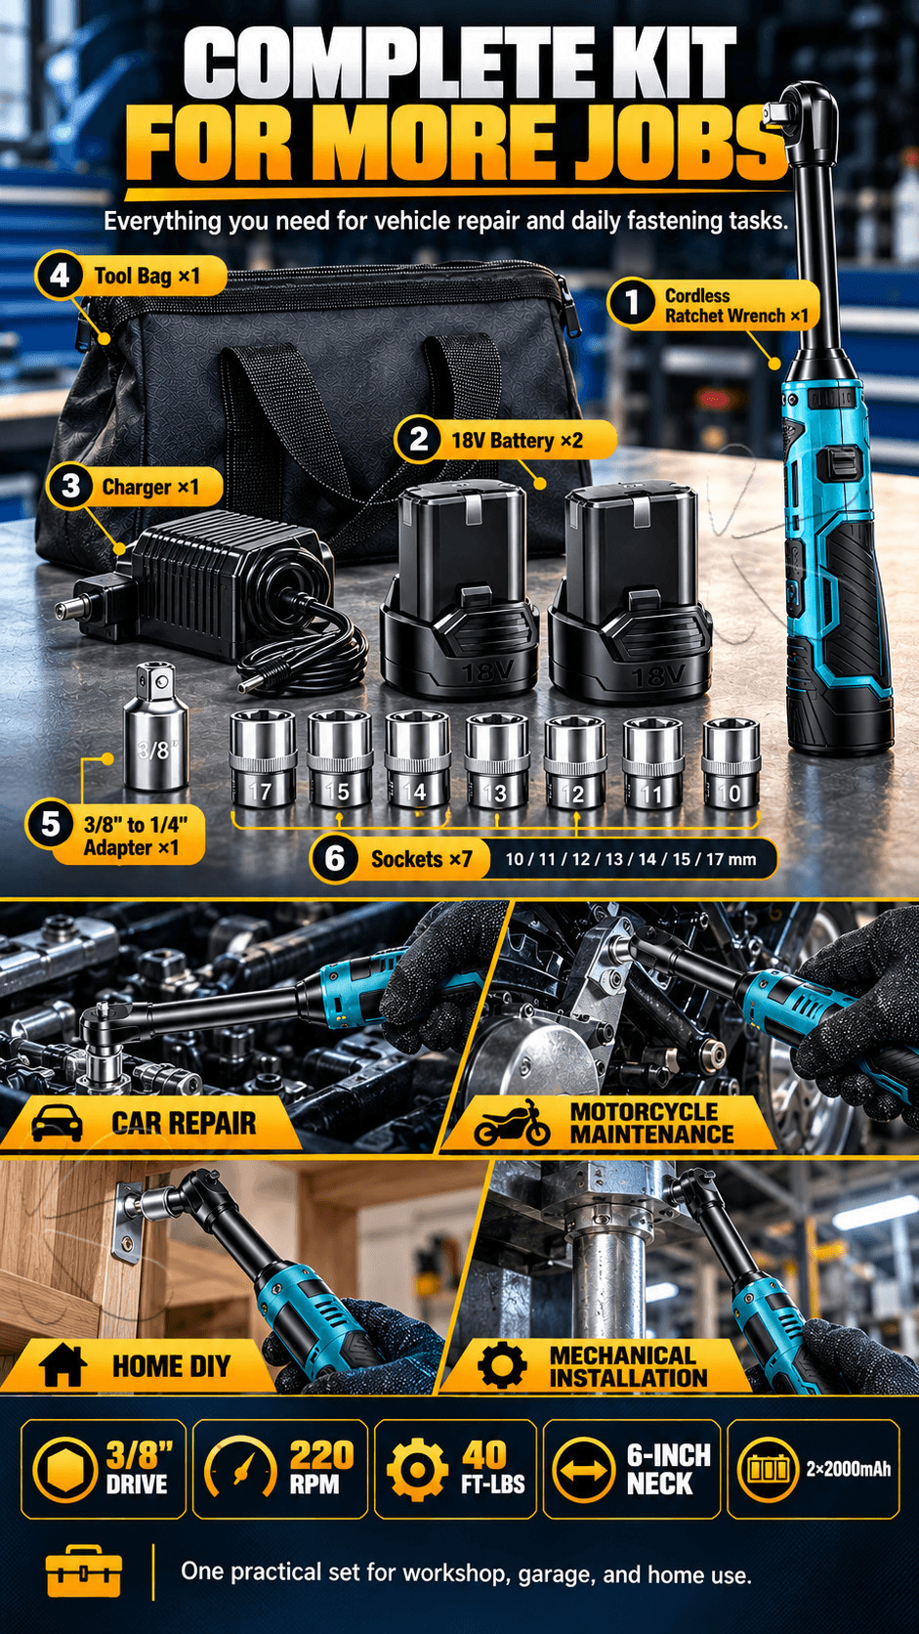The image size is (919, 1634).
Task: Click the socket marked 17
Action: [263, 758]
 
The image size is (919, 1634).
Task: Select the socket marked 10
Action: [731, 763]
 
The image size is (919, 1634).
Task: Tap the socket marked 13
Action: [496, 761]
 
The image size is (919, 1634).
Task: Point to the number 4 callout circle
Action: [60, 276]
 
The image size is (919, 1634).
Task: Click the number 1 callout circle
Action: [631, 302]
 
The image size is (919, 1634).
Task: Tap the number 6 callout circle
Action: [334, 859]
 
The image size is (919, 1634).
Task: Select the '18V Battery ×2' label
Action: [517, 441]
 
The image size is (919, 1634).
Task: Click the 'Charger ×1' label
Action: [150, 487]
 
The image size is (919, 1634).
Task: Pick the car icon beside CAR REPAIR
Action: [57, 1123]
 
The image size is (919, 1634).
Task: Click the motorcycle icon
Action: [512, 1124]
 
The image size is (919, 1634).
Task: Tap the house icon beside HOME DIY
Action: [63, 1364]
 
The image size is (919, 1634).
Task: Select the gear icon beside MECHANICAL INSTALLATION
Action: [502, 1364]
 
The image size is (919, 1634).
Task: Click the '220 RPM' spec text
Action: [320, 1468]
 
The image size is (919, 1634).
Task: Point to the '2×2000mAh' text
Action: [849, 1469]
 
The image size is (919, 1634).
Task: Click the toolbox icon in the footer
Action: [84, 1570]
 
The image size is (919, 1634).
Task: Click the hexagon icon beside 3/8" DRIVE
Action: [64, 1469]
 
